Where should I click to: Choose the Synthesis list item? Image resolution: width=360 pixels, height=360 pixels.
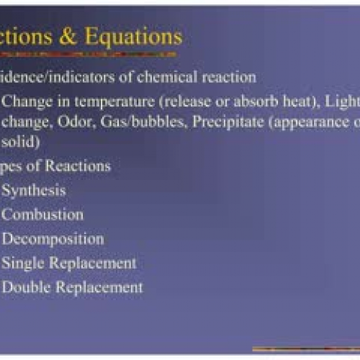[x=34, y=190]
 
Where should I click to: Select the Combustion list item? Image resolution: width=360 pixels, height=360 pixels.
[x=42, y=214]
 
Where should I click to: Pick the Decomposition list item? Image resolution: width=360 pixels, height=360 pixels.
[x=53, y=238]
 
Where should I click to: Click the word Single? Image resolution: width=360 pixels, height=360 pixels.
[x=22, y=263]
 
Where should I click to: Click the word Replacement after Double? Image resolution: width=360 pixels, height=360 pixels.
[x=97, y=287]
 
